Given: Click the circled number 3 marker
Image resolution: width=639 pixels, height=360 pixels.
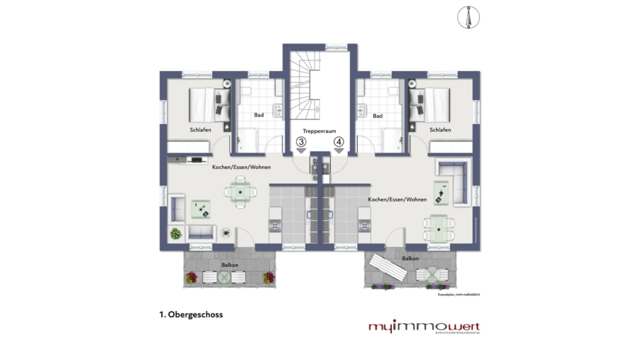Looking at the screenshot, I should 302,142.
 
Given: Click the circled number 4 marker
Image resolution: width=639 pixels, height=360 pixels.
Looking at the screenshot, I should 339,142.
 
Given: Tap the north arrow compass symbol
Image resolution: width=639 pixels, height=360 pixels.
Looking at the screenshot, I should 468,18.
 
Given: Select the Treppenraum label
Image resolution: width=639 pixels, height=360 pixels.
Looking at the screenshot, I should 319,131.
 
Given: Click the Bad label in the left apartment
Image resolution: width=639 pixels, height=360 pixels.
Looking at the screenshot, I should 259,115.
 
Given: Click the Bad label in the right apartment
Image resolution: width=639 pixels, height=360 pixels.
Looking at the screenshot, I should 378,115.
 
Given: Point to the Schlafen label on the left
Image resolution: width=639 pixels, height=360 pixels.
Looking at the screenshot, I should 200,130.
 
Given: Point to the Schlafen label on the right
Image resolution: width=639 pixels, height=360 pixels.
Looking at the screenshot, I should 439,130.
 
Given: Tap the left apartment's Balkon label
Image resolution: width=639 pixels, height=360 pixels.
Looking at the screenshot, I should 229,265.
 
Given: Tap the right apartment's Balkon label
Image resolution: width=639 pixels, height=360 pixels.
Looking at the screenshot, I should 410,259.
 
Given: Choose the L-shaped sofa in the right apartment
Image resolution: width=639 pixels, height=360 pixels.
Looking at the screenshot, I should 455,180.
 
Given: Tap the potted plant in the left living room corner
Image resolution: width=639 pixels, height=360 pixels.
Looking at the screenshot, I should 175,233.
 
